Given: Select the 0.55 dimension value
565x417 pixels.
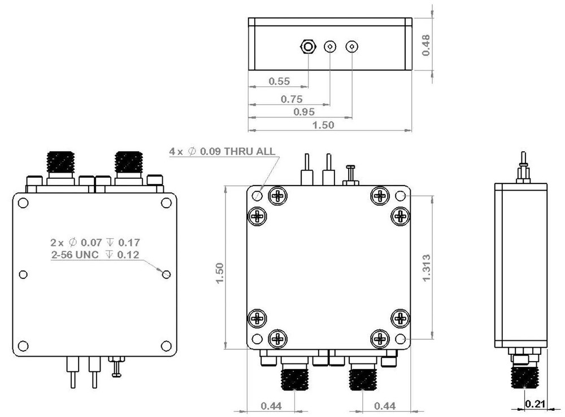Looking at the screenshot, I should [279, 81].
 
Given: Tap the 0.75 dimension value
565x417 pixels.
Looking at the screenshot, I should [292, 99].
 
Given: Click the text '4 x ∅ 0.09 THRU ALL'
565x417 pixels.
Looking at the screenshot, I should [222, 151].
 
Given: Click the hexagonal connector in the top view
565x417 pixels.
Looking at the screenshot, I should [307, 46].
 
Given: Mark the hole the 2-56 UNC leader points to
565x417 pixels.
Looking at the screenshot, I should [166, 274].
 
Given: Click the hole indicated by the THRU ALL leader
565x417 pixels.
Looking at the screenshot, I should [257, 196].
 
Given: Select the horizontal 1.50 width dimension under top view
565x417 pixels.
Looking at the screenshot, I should [324, 125].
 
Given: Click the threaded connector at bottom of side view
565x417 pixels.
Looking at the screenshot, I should [525, 375].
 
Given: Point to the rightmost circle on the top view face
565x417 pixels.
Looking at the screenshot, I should [352, 46].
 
